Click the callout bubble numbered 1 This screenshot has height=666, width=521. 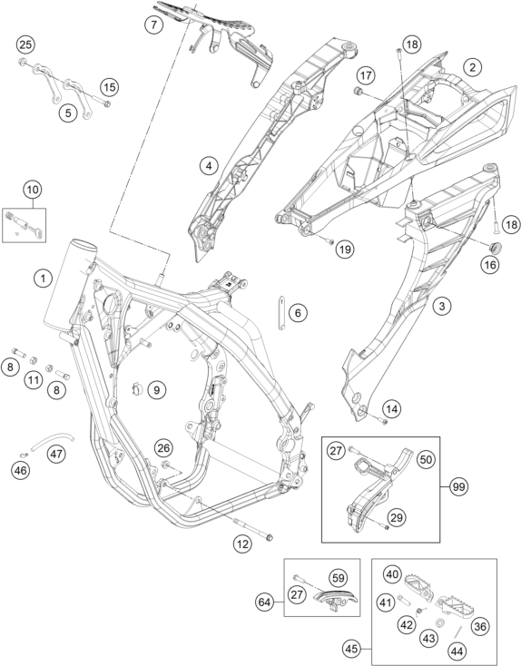click(43, 279)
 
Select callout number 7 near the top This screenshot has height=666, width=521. click(153, 24)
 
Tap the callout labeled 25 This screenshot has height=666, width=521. click(25, 44)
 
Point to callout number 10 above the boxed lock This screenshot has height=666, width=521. click(33, 190)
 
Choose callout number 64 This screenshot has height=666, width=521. click(265, 602)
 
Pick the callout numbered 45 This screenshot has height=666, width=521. click(352, 649)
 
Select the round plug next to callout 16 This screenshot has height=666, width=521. click(496, 247)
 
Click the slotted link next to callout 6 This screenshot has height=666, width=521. click(281, 313)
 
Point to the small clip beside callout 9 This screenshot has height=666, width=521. click(137, 388)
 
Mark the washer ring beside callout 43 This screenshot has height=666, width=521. click(439, 622)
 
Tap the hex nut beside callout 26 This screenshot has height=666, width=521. click(167, 465)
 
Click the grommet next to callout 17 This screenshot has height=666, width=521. click(358, 92)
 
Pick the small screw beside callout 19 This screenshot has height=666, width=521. click(329, 241)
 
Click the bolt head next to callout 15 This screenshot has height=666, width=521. click(107, 104)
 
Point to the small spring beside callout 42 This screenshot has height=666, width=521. click(420, 611)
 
